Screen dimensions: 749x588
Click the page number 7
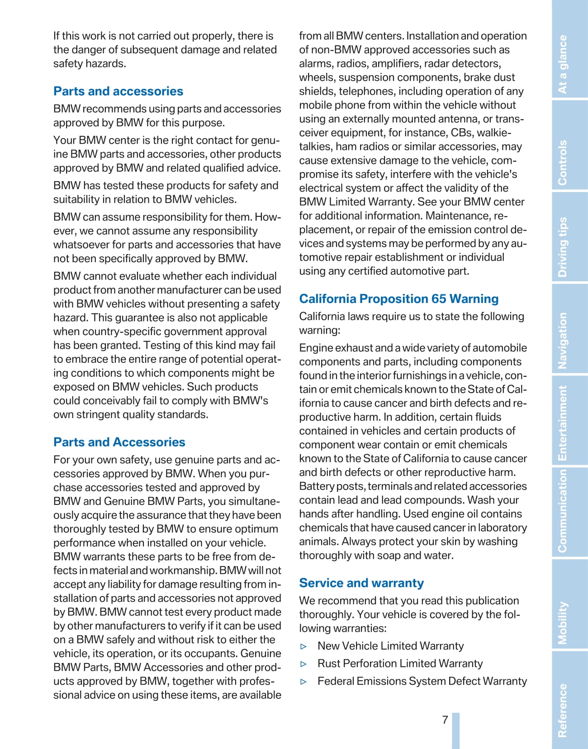click(x=445, y=720)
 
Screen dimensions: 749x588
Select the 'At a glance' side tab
click(x=563, y=64)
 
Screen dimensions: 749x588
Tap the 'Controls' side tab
click(x=563, y=162)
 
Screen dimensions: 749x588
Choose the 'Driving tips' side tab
click(x=563, y=247)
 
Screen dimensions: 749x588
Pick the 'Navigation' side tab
click(x=563, y=341)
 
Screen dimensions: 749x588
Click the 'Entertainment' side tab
click(x=563, y=423)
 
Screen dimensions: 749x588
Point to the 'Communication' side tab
click(x=563, y=510)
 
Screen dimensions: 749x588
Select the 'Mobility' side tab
click(x=563, y=623)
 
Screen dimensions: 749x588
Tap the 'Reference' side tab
click(x=563, y=710)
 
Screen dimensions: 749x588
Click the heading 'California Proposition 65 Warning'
click(x=398, y=299)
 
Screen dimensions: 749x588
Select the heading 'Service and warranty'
click(x=361, y=583)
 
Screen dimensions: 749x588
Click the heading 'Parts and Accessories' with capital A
click(x=119, y=442)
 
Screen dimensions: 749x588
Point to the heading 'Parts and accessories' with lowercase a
click(x=118, y=91)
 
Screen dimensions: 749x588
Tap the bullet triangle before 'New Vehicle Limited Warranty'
click(x=304, y=647)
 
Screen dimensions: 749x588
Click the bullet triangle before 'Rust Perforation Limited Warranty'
click(x=304, y=664)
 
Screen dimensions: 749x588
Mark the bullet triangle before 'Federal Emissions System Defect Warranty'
click(x=304, y=682)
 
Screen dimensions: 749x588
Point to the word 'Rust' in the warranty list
click(x=329, y=663)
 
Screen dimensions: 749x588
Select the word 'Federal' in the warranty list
click(x=336, y=681)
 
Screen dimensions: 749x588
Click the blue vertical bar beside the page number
click(x=456, y=730)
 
